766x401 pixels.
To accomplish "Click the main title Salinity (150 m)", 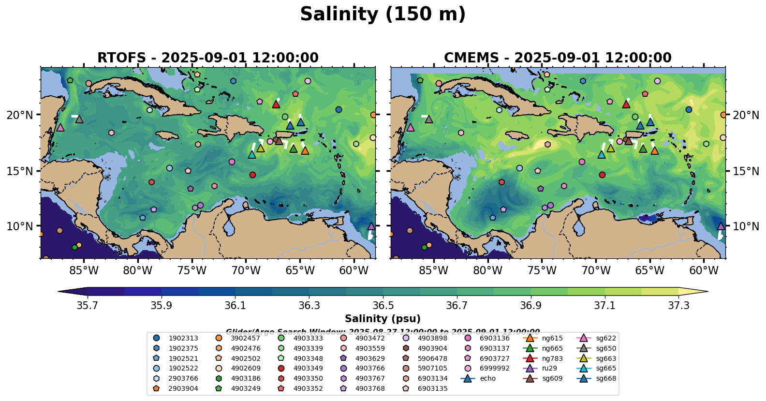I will [x=383, y=15].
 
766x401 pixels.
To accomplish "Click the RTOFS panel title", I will [x=208, y=58].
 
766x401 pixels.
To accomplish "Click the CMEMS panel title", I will [x=558, y=58].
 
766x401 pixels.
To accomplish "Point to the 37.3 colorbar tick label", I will [x=678, y=306].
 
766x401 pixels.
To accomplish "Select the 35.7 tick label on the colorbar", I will [x=88, y=306].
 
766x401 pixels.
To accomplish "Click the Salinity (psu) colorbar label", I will [x=383, y=319].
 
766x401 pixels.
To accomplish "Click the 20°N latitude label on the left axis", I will [x=20, y=115].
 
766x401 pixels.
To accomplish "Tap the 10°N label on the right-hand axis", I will [x=746, y=226].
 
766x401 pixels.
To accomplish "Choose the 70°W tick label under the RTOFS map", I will [x=246, y=270].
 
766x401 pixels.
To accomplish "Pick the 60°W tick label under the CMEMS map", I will [x=704, y=270].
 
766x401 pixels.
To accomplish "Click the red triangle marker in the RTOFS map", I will [x=276, y=104].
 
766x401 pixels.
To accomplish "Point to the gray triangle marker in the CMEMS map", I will [x=429, y=119].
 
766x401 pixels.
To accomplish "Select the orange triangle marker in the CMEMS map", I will [x=654, y=151].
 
